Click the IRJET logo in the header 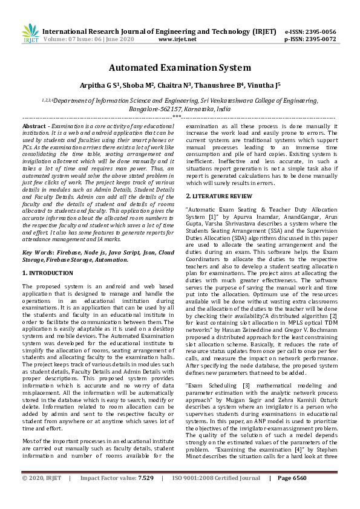pyautogui.click(x=30, y=34)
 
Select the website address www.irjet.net pyautogui.click(x=177, y=39)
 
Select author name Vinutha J pyautogui.click(x=261, y=86)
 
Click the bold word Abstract pyautogui.click(x=34, y=125)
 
